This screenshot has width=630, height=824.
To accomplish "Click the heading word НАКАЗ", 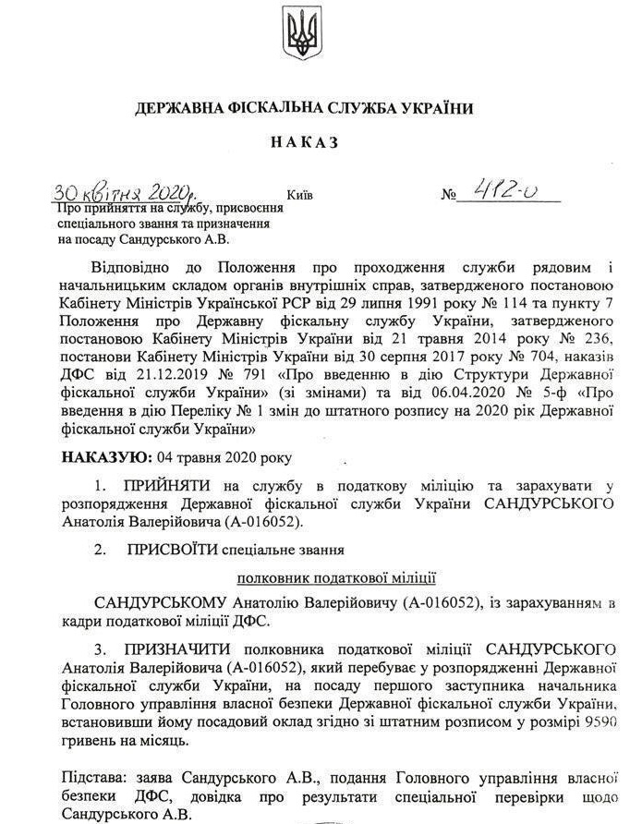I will [305, 143].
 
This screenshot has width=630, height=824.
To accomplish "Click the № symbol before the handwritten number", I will [450, 196].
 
